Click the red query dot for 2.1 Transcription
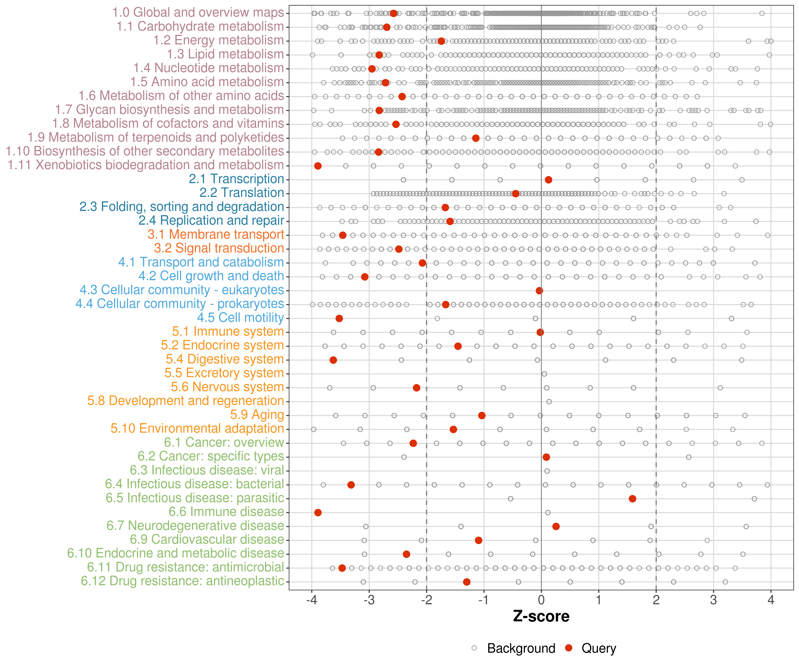[548, 180]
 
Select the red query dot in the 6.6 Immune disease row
[318, 513]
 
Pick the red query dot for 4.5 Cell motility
[339, 318]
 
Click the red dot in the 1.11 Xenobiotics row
[318, 166]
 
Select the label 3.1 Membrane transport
[216, 234]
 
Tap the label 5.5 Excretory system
[224, 373]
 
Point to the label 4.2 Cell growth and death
[211, 276]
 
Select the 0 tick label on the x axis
[541, 601]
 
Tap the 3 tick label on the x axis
[713, 601]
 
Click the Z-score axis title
[541, 616]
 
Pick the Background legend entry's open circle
[474, 648]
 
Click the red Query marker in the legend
[569, 648]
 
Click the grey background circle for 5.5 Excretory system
[544, 374]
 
